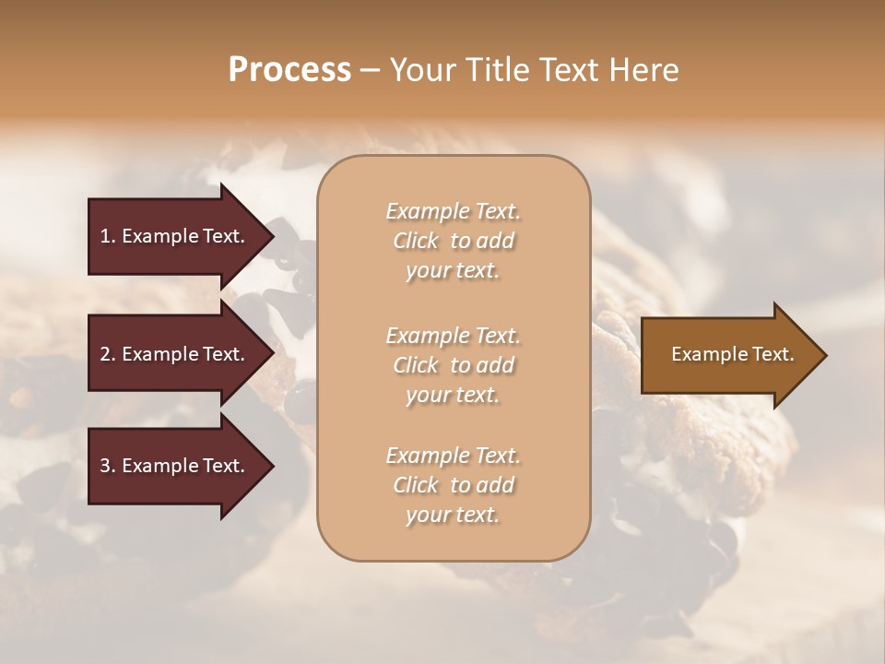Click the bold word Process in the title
click(289, 70)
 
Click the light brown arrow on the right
click(728, 354)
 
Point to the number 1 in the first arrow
click(105, 236)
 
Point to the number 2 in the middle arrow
click(105, 354)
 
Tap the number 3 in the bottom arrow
click(105, 466)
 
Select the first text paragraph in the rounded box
click(453, 241)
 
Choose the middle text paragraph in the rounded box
click(453, 365)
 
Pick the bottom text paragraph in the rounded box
click(453, 485)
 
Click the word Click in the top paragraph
click(416, 242)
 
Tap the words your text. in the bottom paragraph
click(453, 516)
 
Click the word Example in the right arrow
click(704, 354)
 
